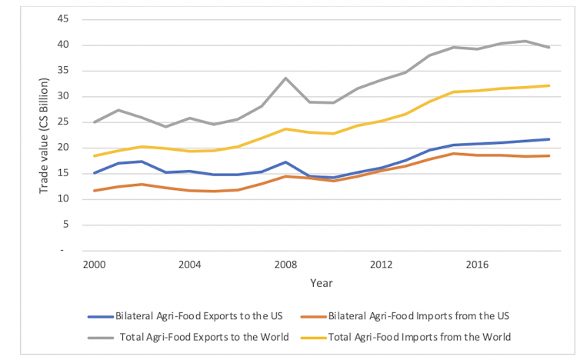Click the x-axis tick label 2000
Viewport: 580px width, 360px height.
[94, 264]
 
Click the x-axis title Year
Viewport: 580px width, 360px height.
[322, 283]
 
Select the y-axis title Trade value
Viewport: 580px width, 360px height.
[44, 135]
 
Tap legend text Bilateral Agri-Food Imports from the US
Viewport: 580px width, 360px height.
[419, 316]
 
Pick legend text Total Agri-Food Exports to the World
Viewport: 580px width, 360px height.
[204, 336]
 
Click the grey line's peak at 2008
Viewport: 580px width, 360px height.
[285, 78]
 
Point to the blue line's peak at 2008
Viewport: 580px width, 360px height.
[285, 162]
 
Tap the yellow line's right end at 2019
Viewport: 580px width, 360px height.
[548, 85]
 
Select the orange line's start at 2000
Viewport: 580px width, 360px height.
[94, 191]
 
